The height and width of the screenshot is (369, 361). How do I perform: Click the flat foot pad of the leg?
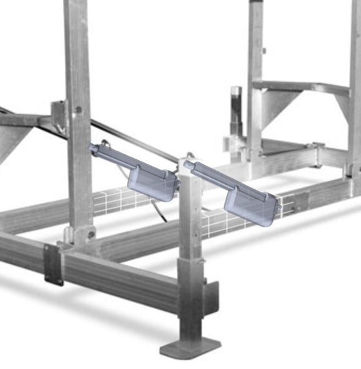coord(190,347)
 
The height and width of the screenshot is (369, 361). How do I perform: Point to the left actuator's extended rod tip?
coord(93,148)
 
